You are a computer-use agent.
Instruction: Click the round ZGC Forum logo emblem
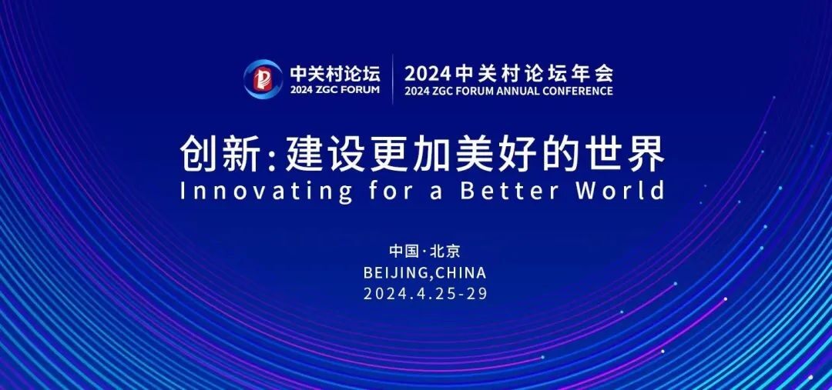[x=263, y=79]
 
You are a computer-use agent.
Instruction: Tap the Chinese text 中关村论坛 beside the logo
[x=335, y=73]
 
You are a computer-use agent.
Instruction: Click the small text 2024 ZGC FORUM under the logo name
[x=335, y=89]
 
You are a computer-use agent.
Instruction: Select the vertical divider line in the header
[x=393, y=79]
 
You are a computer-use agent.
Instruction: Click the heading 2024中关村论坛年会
[x=508, y=72]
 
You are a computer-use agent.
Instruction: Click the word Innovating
[x=267, y=191]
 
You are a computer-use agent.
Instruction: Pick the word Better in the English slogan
[x=509, y=191]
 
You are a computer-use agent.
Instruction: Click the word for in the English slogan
[x=391, y=190]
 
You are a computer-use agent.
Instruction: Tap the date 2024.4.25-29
[x=425, y=294]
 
